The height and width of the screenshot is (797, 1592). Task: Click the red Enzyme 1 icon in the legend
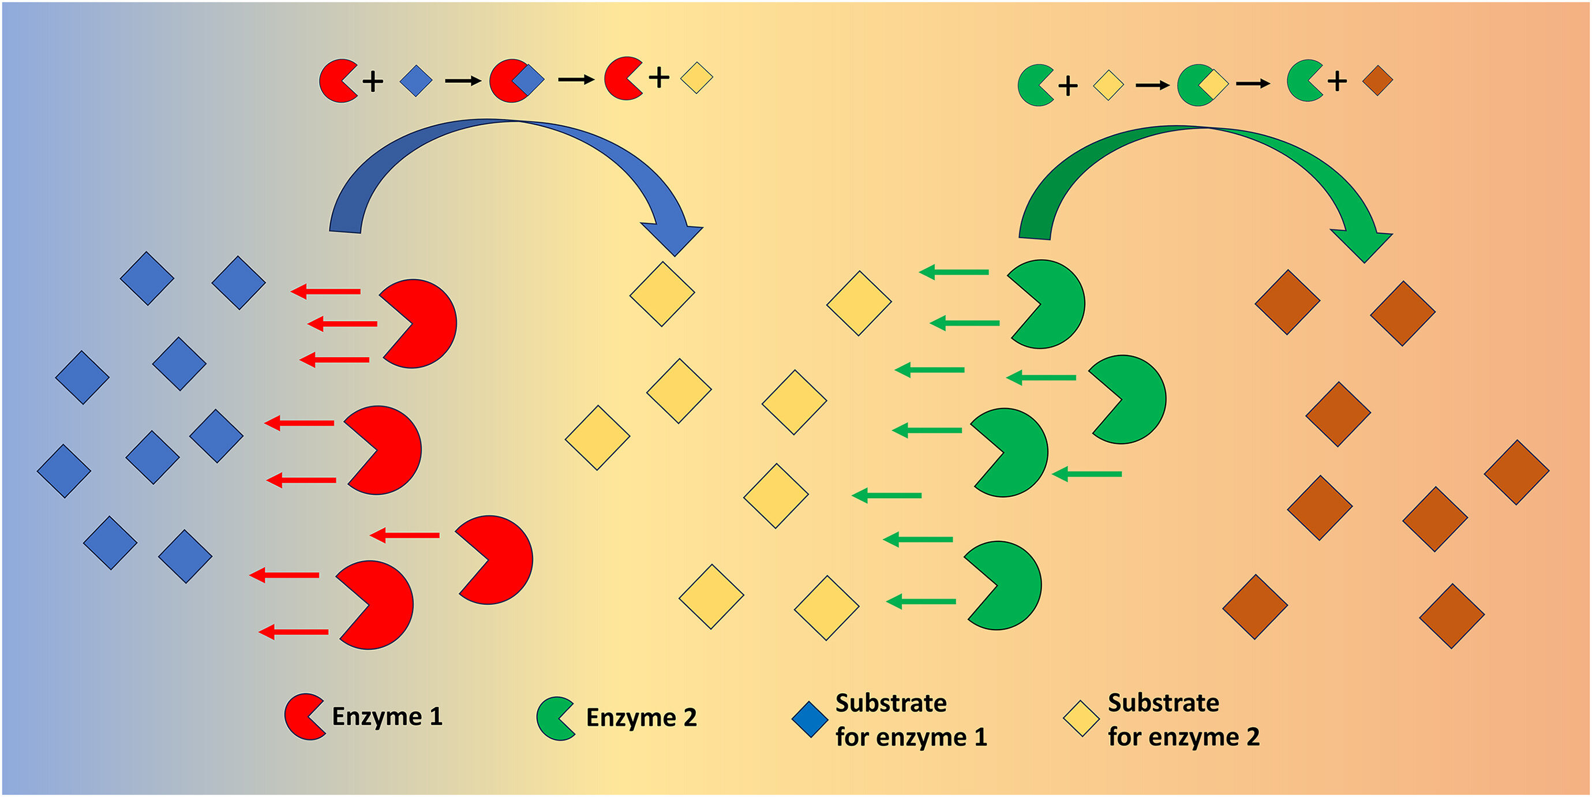click(x=303, y=717)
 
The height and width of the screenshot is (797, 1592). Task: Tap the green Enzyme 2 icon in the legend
click(x=555, y=719)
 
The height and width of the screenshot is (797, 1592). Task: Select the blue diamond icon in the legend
click(x=810, y=719)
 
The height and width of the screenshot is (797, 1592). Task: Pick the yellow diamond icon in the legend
click(x=1081, y=719)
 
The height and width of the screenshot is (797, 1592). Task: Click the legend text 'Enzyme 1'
click(x=387, y=717)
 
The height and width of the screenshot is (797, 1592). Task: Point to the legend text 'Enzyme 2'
click(x=641, y=718)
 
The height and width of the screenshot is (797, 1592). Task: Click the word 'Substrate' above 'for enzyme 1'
click(x=890, y=703)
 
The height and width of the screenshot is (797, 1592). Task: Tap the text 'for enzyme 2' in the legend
click(x=1183, y=736)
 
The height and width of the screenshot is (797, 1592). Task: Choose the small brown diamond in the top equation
click(x=1377, y=81)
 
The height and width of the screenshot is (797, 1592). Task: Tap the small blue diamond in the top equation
click(x=416, y=80)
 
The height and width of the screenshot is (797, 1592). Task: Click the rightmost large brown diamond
click(x=1516, y=473)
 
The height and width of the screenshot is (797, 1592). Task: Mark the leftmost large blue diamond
click(x=63, y=471)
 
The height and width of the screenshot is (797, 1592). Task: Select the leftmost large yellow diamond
click(x=597, y=438)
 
